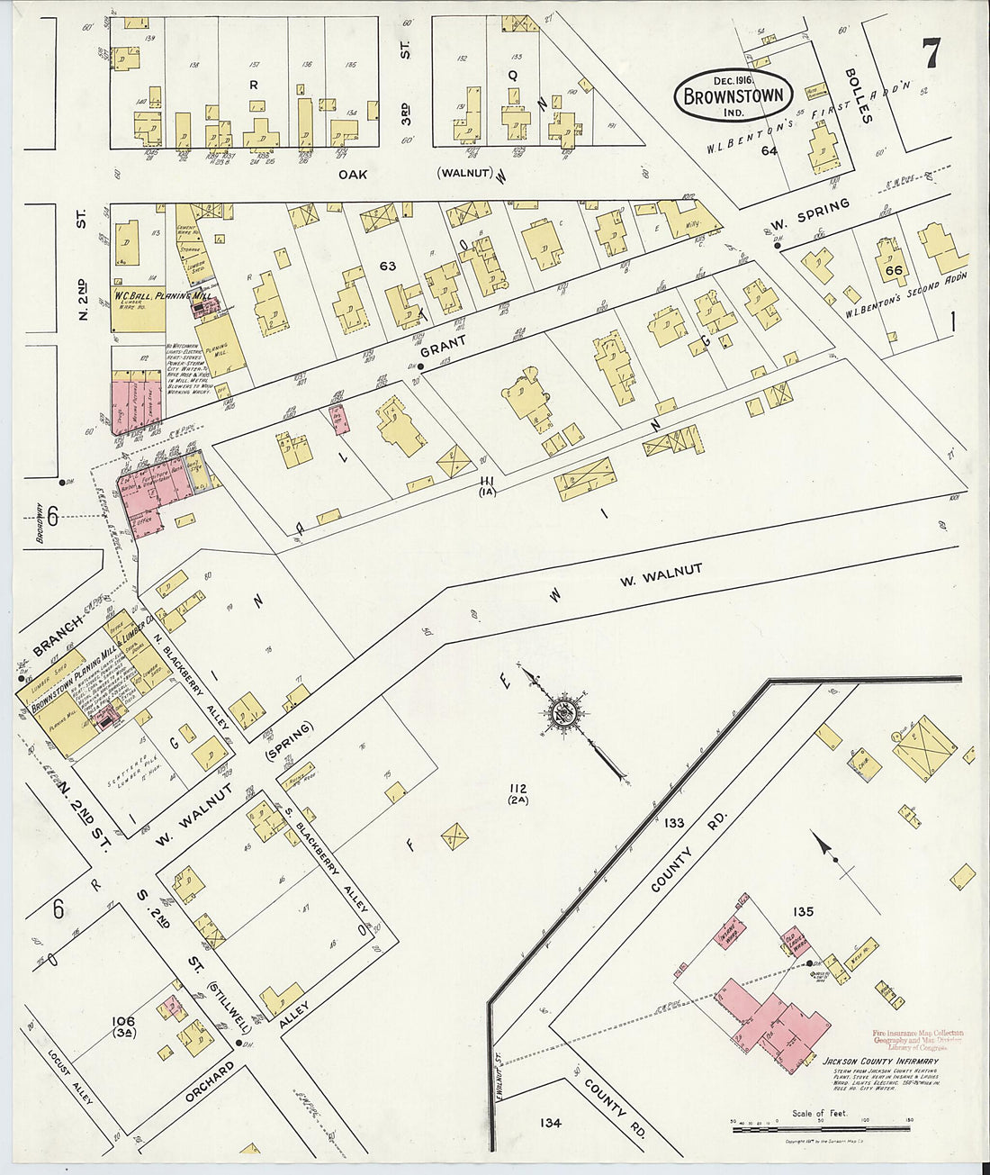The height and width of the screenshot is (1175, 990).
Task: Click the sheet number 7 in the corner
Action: coord(931,54)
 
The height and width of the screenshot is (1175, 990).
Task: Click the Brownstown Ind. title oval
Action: coord(733,94)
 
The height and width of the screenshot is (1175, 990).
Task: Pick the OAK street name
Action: coord(353,174)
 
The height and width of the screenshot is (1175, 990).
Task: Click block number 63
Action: coord(388,266)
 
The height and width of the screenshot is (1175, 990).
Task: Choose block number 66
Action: coord(894,270)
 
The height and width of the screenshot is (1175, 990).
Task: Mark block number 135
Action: coord(803,912)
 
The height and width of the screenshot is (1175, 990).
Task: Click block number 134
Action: coord(551,1122)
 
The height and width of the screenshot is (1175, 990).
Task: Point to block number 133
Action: coord(674,822)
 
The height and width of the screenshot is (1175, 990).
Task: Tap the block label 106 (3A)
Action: coord(123,1026)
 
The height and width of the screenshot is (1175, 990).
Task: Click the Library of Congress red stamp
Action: coord(916,1040)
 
